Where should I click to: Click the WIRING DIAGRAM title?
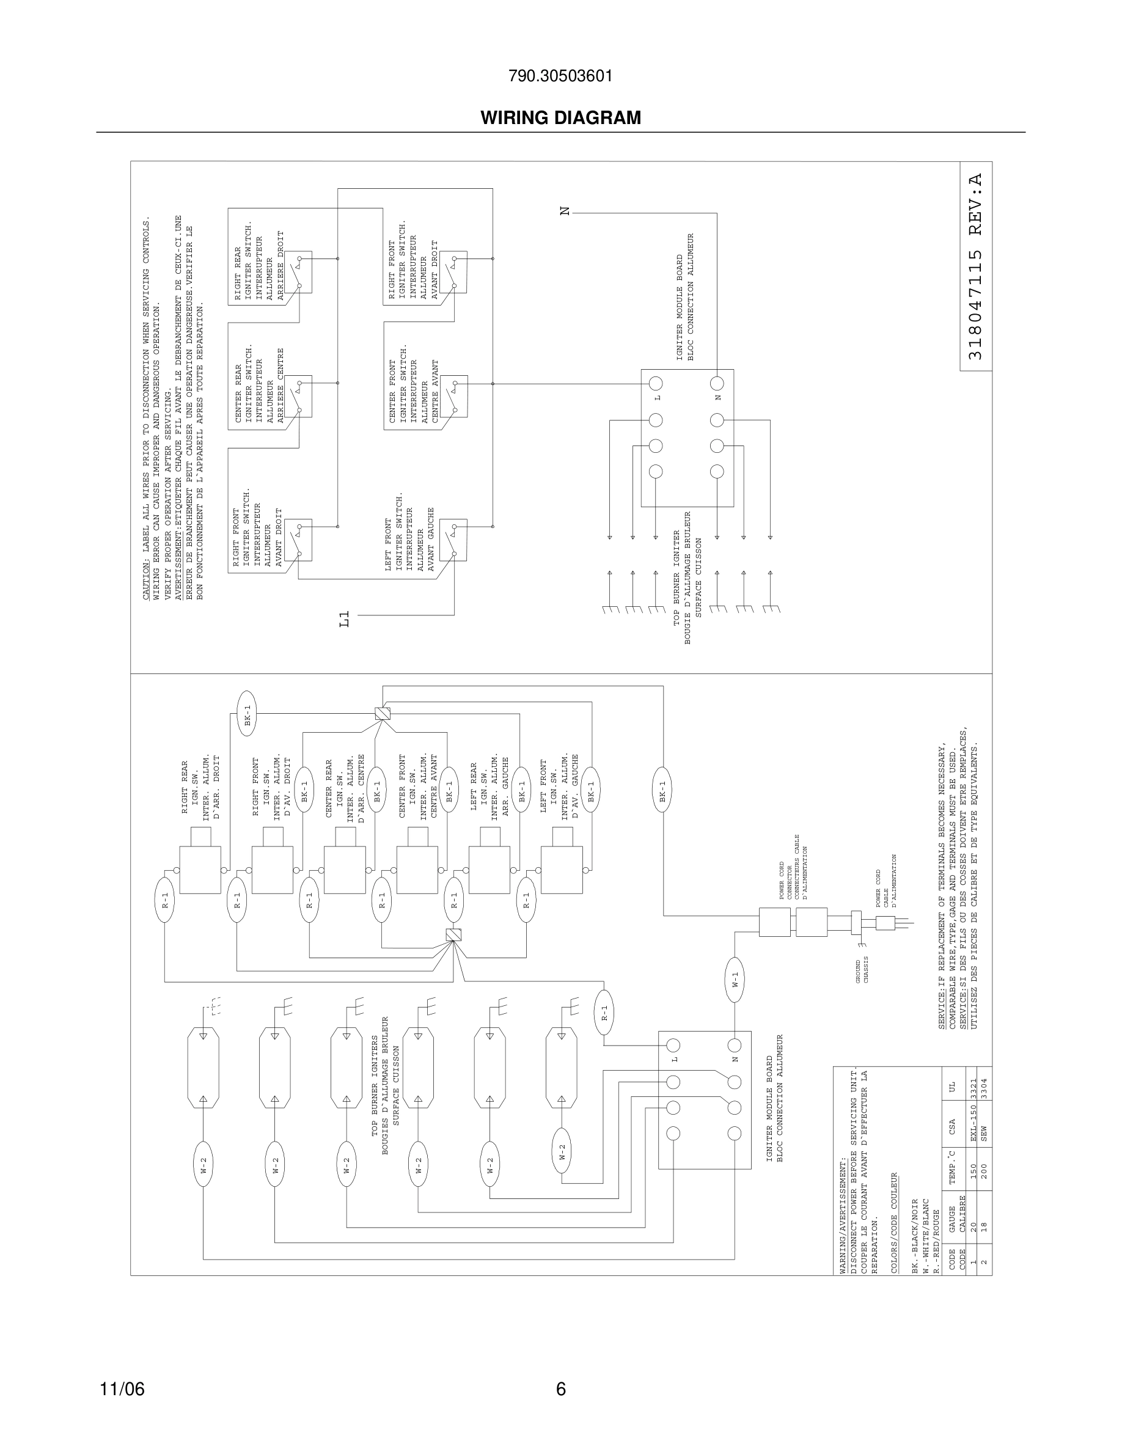tap(560, 118)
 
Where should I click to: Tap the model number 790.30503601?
tap(560, 76)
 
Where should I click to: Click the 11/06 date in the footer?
tap(122, 1389)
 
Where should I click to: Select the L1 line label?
tap(343, 620)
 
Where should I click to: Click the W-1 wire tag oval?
tap(735, 978)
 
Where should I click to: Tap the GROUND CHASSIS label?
tap(862, 970)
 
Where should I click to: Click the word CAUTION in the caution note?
tap(146, 584)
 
